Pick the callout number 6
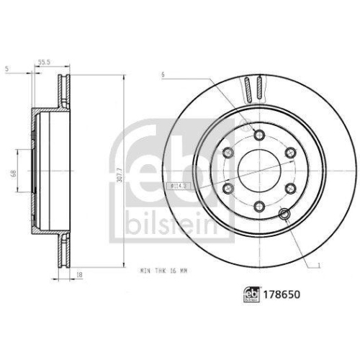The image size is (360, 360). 164,74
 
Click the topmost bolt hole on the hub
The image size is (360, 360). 259,134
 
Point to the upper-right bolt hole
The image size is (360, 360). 290,152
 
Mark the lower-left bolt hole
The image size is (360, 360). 228,188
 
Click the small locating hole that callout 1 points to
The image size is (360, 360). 284,214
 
